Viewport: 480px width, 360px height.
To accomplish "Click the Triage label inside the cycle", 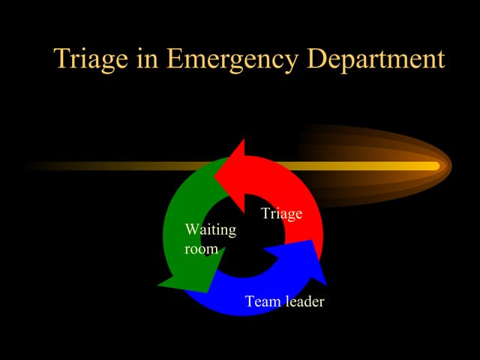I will [x=281, y=214].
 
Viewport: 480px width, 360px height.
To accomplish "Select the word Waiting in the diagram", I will [x=210, y=229].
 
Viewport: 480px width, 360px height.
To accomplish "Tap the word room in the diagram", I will [x=201, y=248].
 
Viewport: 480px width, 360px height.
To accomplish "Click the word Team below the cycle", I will [x=262, y=301].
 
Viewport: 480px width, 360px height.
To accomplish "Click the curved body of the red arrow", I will [x=304, y=195].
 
